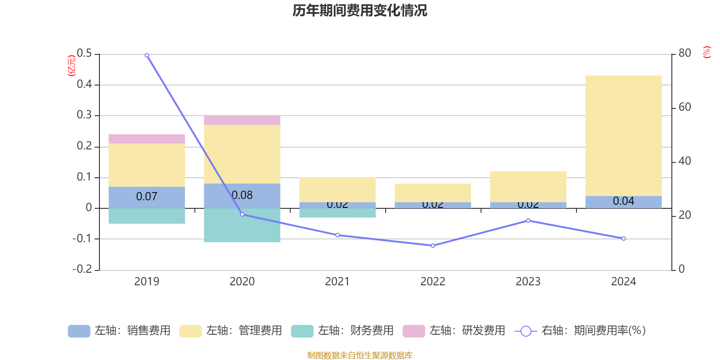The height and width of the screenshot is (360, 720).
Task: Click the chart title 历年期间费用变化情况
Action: [360, 10]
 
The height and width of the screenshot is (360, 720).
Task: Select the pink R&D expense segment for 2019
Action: [147, 139]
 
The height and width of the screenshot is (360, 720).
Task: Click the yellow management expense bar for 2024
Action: [623, 135]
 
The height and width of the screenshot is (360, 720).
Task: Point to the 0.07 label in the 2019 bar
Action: [147, 197]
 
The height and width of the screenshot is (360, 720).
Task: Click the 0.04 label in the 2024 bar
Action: [623, 201]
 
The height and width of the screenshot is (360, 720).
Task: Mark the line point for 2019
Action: [147, 55]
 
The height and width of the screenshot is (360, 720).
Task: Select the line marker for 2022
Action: [433, 246]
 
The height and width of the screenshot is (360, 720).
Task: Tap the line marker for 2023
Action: [528, 220]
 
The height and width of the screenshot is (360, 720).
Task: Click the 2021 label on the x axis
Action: [337, 282]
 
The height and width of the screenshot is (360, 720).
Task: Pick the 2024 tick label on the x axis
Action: [623, 282]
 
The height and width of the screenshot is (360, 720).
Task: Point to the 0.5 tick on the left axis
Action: [84, 54]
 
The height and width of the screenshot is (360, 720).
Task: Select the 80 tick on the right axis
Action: [684, 54]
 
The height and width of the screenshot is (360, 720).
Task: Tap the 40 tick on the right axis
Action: [684, 161]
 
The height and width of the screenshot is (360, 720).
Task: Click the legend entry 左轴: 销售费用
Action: [119, 331]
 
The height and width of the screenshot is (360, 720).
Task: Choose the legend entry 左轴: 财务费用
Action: [342, 331]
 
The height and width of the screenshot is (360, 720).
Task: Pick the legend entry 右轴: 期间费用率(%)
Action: [580, 331]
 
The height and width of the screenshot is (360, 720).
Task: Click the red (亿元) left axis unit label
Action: [71, 66]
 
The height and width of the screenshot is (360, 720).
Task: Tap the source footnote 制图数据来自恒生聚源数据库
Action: [360, 355]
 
